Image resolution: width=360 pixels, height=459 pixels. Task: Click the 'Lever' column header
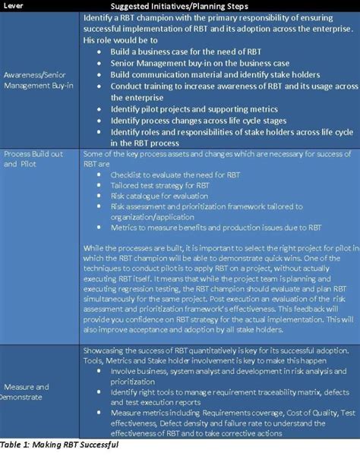click(15, 6)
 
